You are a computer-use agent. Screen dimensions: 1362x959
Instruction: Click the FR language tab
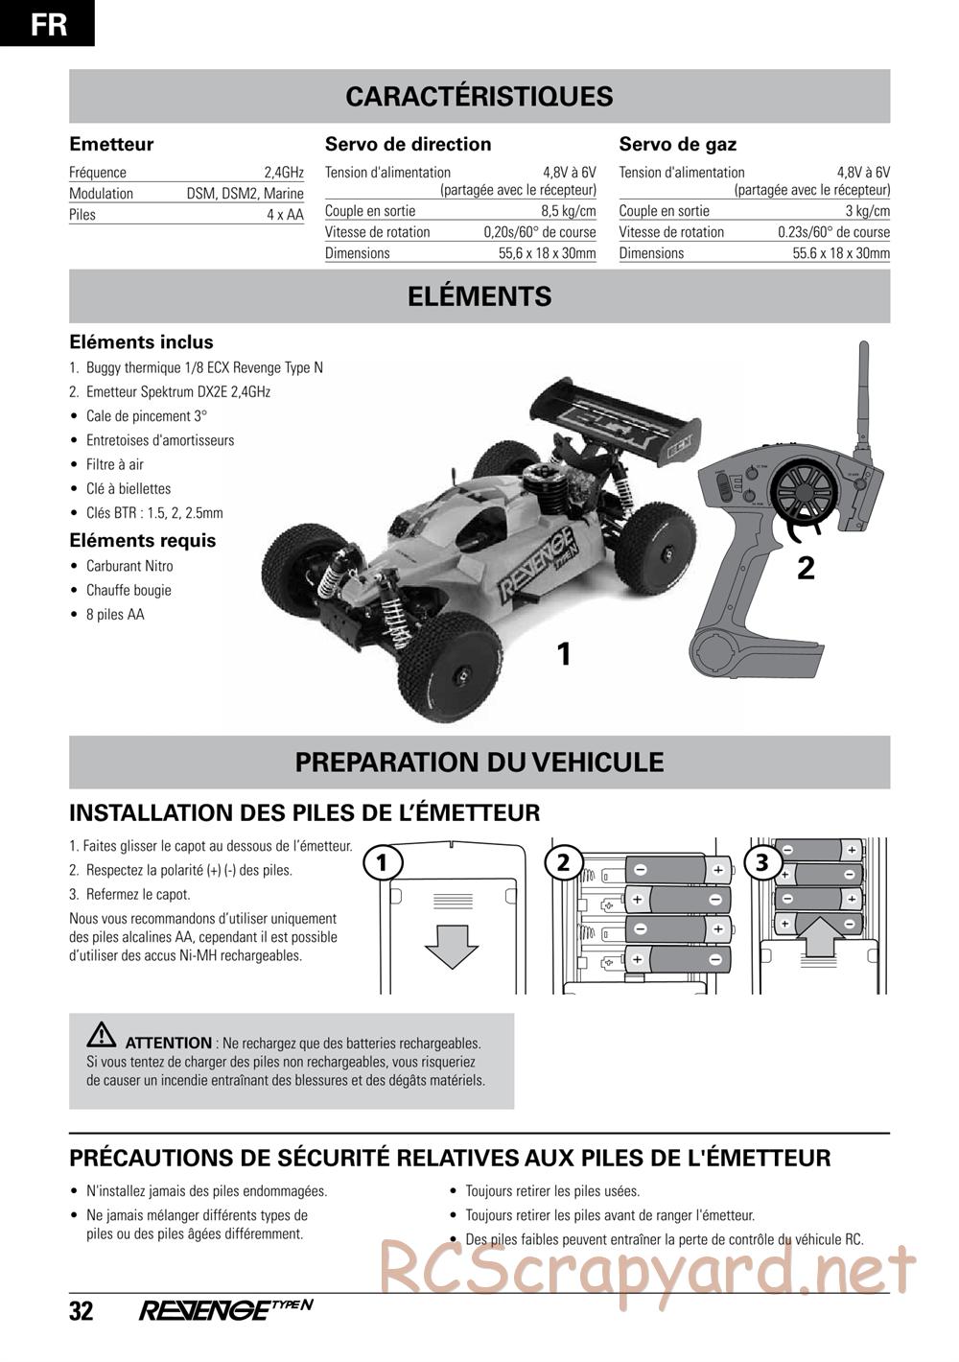[47, 23]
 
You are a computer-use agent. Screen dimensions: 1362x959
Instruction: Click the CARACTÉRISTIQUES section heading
[479, 97]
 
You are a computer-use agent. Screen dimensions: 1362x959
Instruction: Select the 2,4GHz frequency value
[284, 173]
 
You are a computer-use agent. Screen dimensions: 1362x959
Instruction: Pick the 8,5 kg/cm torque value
[569, 211]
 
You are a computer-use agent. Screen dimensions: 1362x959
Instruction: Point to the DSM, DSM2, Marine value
[246, 194]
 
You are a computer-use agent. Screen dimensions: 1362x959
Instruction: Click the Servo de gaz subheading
[678, 145]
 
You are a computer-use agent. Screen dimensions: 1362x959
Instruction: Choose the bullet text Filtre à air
[115, 464]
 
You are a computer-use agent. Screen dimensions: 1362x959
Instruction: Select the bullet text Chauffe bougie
[129, 590]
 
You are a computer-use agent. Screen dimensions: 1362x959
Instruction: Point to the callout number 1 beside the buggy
[564, 654]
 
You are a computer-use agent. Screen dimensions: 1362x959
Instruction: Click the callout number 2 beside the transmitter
[806, 569]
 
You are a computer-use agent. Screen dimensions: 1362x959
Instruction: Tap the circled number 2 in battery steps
[563, 862]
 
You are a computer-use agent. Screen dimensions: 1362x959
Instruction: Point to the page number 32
[82, 1311]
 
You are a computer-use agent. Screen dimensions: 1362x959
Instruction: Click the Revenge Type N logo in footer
[226, 1310]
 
